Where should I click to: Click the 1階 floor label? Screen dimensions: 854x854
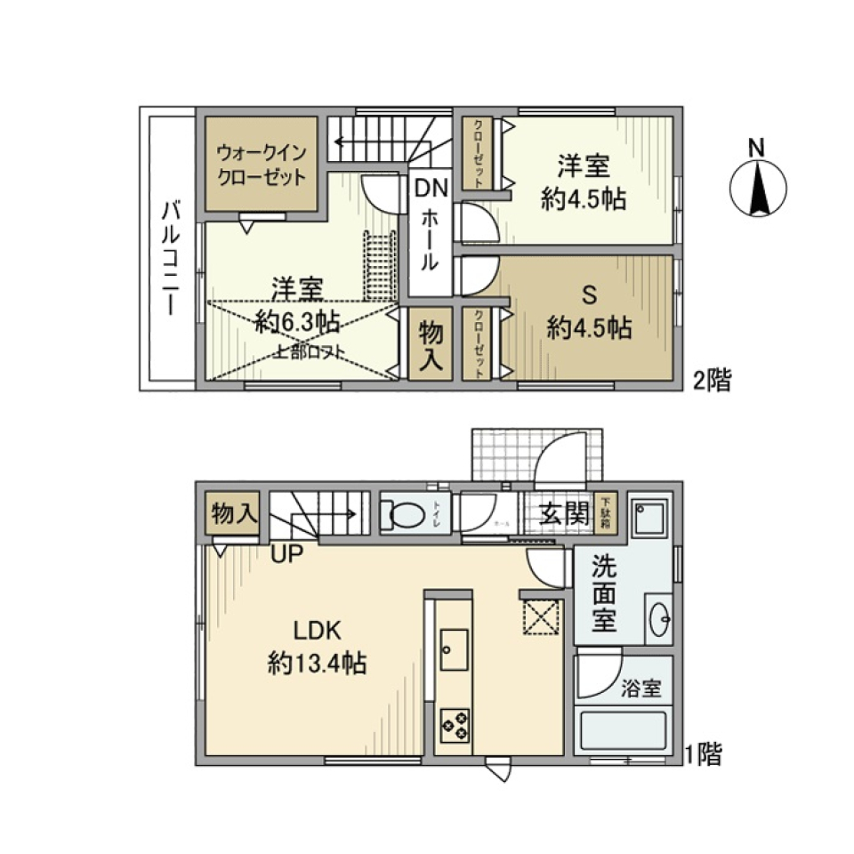pyautogui.click(x=703, y=756)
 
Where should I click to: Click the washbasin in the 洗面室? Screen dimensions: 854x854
pyautogui.click(x=660, y=619)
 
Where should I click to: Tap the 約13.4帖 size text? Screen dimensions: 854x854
pyautogui.click(x=318, y=663)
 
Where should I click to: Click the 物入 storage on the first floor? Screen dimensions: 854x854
pyautogui.click(x=233, y=513)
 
